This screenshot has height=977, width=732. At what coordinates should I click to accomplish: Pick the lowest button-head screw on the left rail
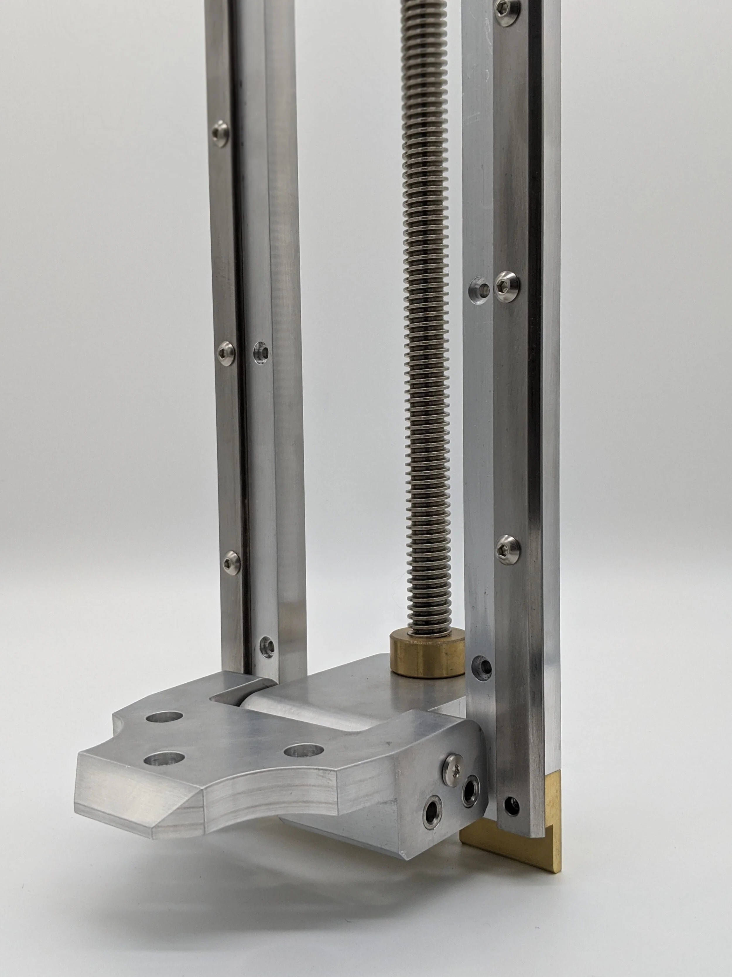click(231, 561)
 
